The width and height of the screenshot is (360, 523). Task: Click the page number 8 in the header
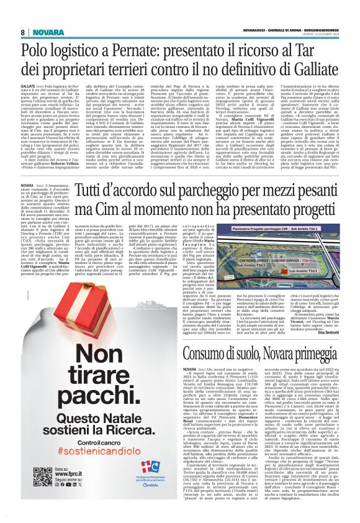(x=23, y=32)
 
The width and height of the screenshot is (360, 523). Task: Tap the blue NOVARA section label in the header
(x=45, y=32)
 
